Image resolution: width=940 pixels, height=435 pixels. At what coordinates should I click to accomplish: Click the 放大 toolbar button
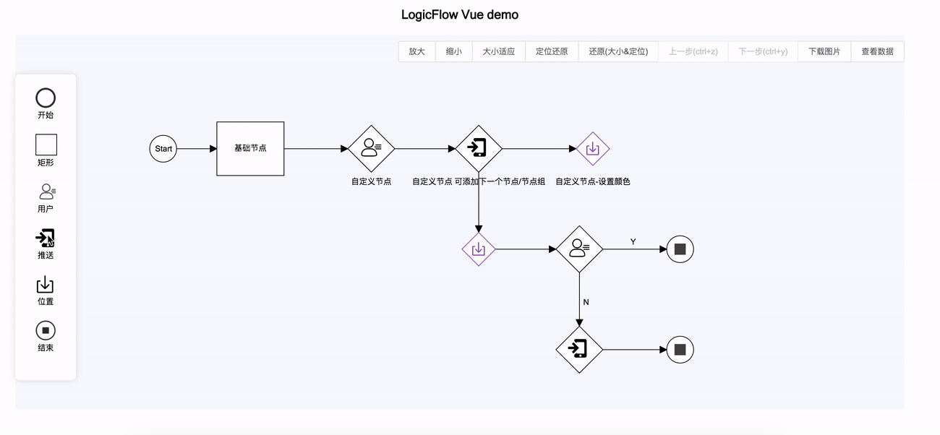[x=416, y=52]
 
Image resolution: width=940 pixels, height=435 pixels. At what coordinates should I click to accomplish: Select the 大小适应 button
[x=498, y=52]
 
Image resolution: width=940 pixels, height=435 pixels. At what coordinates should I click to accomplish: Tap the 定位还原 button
[x=551, y=52]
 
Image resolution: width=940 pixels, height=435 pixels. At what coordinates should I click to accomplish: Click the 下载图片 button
[x=824, y=52]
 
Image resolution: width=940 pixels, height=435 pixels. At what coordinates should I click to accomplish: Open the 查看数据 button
[x=877, y=52]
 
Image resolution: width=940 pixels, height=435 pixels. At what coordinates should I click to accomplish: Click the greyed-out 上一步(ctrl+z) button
[x=693, y=52]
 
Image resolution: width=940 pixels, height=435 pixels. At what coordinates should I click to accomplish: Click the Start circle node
[x=163, y=149]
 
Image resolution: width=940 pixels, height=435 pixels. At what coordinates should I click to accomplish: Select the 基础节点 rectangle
[x=250, y=148]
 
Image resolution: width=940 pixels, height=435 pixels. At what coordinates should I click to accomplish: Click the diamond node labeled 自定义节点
[x=371, y=149]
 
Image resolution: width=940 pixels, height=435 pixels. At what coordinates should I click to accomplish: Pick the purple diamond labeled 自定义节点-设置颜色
[x=592, y=149]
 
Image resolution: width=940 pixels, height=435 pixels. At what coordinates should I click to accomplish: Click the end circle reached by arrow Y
[x=680, y=249]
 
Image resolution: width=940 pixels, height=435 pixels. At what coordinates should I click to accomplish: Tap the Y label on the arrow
[x=633, y=242]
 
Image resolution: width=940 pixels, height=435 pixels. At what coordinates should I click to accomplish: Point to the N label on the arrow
[x=586, y=302]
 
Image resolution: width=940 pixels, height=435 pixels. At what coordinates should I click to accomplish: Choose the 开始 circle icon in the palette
[x=46, y=98]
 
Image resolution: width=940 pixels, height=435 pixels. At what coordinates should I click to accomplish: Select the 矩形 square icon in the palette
[x=46, y=145]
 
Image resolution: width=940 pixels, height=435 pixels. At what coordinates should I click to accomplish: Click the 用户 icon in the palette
[x=46, y=191]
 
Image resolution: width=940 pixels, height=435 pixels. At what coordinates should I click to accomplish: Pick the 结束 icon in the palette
[x=46, y=331]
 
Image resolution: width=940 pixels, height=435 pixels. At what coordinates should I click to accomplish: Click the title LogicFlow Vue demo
[x=460, y=15]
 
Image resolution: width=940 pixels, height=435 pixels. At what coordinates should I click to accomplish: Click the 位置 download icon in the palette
[x=46, y=285]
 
